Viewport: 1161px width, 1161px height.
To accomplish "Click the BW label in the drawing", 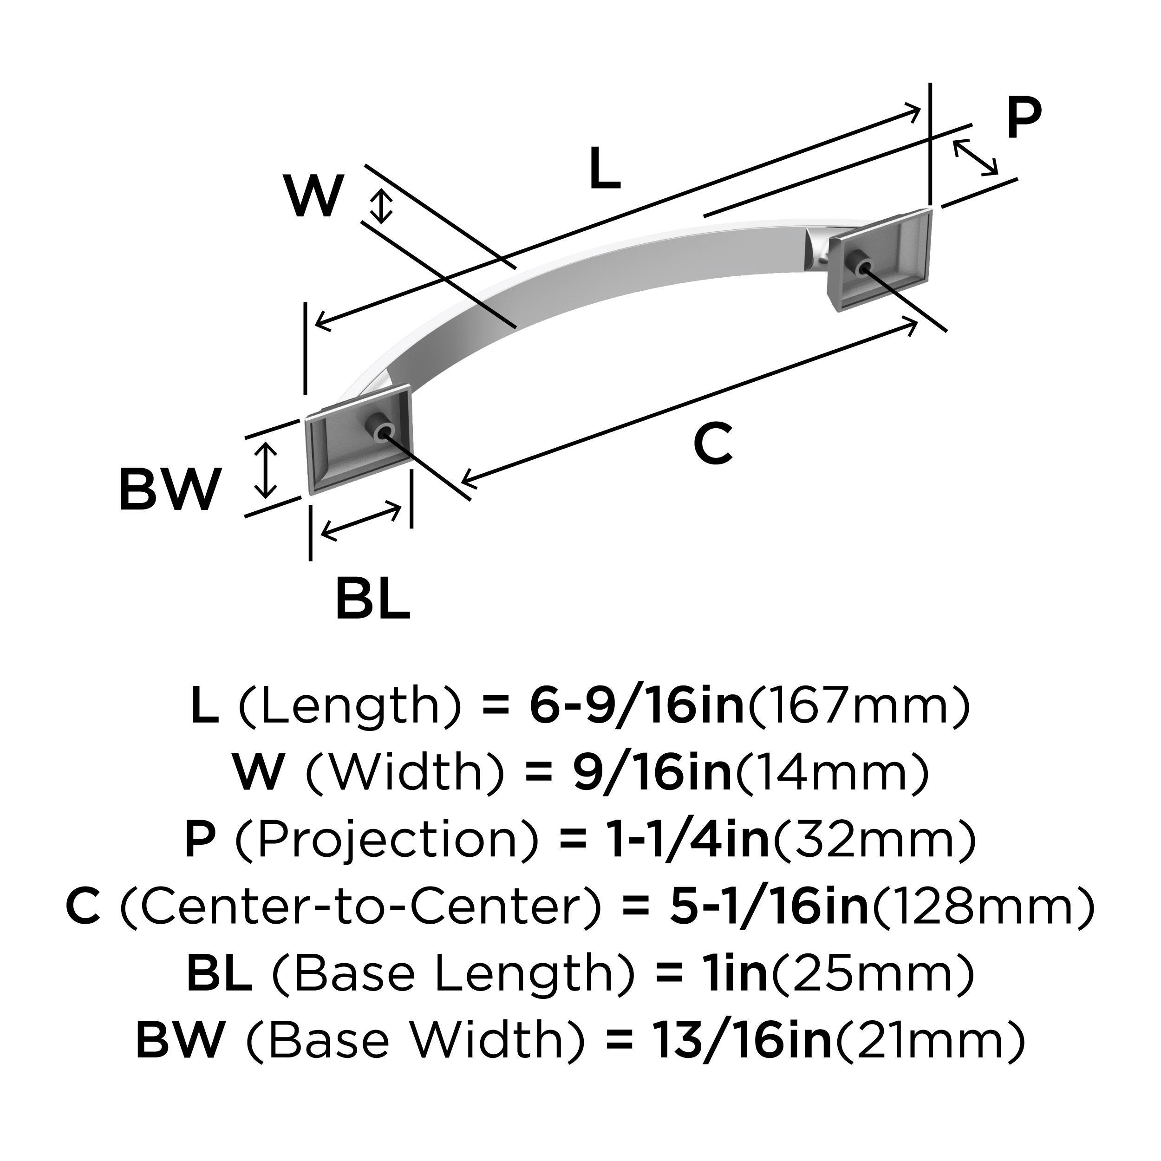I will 170,490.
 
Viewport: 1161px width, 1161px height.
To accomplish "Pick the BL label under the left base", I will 372,598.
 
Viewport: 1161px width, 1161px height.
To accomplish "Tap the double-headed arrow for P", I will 975,157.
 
